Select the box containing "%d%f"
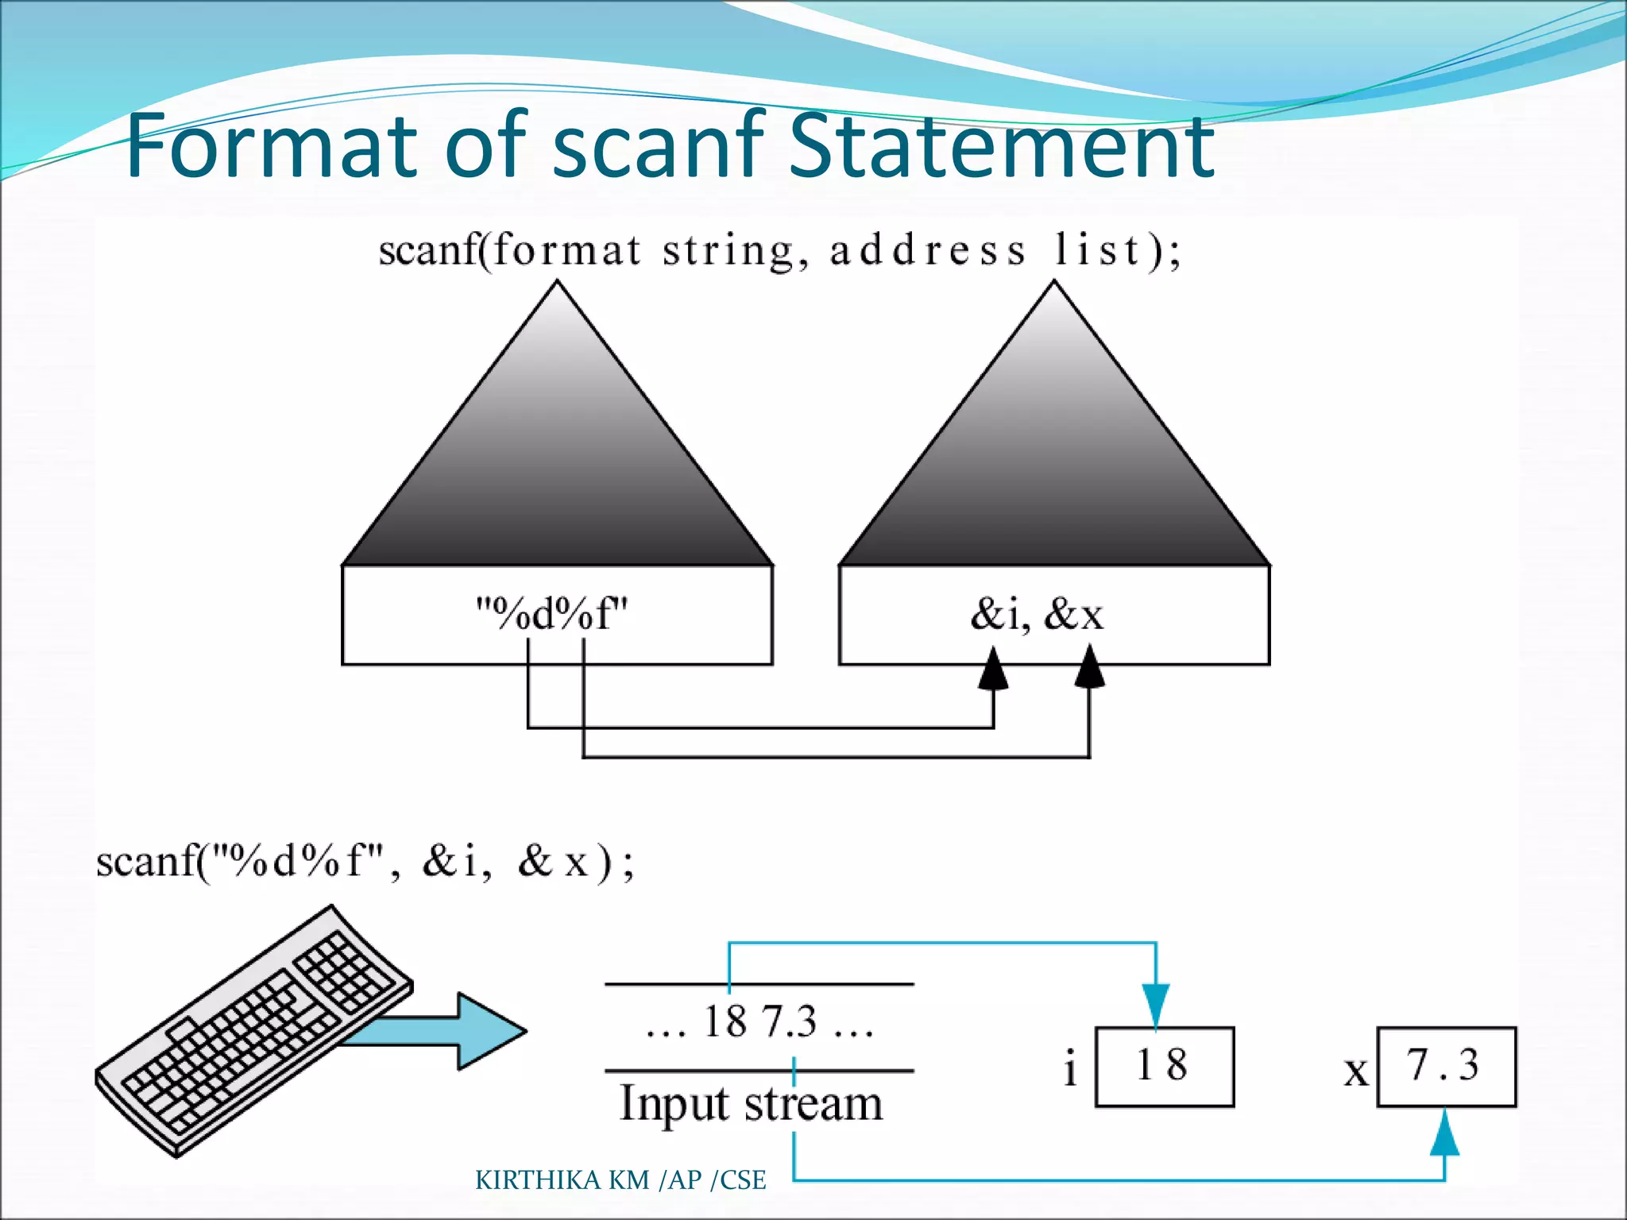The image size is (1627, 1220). pos(556,615)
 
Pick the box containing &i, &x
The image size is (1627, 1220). pos(1053,615)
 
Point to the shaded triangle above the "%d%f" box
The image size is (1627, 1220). pos(557,461)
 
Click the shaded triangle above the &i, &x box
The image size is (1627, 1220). pos(1054,461)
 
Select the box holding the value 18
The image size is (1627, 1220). pos(1164,1066)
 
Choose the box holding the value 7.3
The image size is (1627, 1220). pos(1446,1066)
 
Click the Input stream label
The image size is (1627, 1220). pos(751,1104)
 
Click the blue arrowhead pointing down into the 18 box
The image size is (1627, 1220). pos(1156,1005)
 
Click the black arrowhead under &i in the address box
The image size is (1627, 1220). pos(993,670)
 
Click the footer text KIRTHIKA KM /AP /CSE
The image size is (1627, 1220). pos(620,1180)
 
